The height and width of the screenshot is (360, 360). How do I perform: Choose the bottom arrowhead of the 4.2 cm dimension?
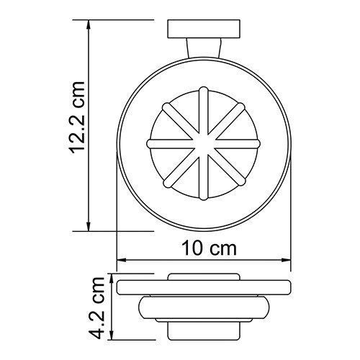pos(112,338)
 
